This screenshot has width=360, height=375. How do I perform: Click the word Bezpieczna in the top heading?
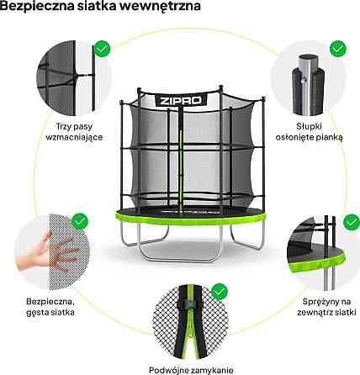37,6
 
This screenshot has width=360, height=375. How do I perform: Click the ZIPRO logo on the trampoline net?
181,100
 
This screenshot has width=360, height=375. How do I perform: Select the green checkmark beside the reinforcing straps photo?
102,49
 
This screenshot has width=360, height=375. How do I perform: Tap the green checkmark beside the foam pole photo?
338,49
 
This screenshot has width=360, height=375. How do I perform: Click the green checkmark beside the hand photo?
80,221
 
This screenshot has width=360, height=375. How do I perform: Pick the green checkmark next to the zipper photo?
220,292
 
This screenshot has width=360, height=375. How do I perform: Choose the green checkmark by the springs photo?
352,223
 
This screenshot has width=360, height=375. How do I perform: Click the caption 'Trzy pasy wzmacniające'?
74,132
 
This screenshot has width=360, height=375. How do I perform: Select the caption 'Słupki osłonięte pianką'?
310,132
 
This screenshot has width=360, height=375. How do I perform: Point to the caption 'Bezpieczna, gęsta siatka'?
50,307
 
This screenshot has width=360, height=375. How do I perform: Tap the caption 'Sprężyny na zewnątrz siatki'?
326,307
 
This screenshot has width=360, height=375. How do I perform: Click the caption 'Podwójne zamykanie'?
191,370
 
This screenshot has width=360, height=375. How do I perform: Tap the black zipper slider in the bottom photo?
190,304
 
